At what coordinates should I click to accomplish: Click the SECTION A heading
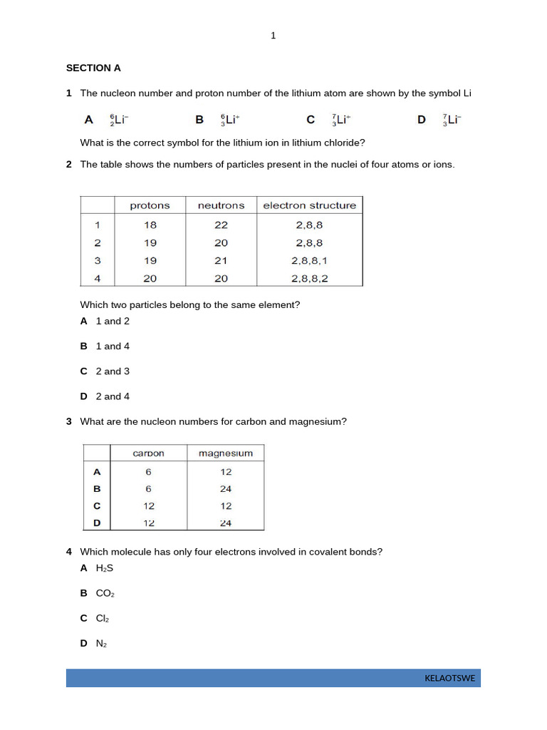(93, 68)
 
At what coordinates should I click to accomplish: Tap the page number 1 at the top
(273, 36)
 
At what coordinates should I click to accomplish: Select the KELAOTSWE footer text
(449, 678)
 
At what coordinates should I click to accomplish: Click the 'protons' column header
(150, 205)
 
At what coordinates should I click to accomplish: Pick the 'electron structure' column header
(309, 205)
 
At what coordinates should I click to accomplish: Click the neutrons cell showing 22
(221, 225)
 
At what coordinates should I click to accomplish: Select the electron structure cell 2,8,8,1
(309, 260)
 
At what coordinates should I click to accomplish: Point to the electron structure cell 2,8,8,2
(309, 278)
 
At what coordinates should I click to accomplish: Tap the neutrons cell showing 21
(221, 260)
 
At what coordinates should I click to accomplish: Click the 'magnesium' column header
(225, 453)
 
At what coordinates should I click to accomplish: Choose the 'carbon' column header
(149, 453)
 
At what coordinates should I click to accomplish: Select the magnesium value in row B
(225, 489)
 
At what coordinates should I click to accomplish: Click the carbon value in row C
(149, 506)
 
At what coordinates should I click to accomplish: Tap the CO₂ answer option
(105, 593)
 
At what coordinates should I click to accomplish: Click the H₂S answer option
(105, 568)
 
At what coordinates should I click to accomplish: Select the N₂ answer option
(101, 644)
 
